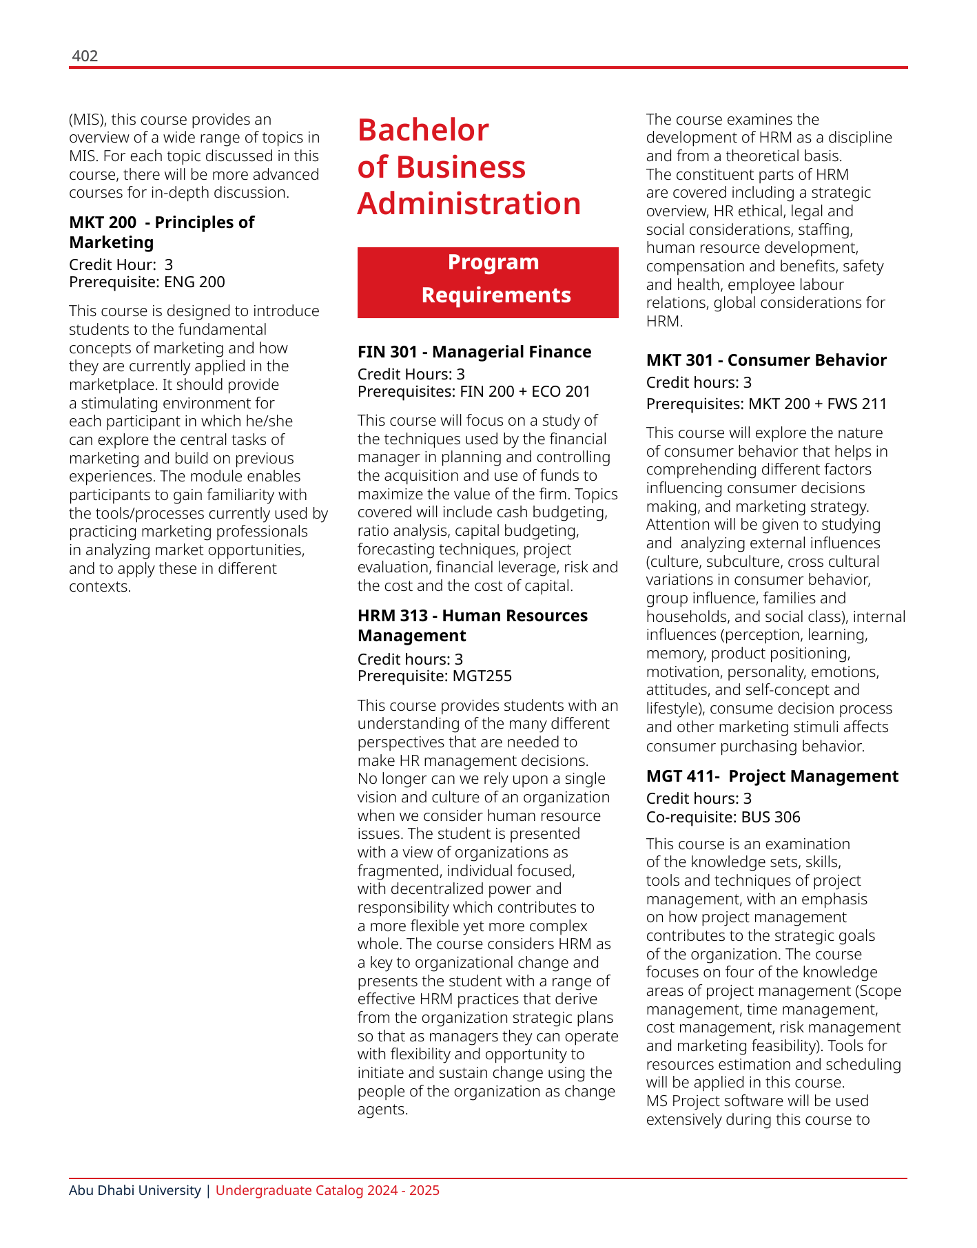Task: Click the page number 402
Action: point(85,56)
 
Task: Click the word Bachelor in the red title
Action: point(423,130)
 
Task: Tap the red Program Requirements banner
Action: point(488,282)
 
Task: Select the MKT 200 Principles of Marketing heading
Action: point(161,232)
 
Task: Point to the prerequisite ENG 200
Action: point(194,282)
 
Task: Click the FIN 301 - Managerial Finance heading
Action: point(474,352)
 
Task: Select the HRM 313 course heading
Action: point(472,625)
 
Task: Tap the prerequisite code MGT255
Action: point(482,676)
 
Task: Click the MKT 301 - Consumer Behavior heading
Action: point(766,360)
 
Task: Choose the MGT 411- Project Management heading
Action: point(772,776)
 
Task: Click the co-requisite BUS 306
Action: point(770,818)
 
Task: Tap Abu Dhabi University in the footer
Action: point(135,1191)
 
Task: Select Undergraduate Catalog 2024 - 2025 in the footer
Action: point(327,1191)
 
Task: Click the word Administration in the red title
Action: point(469,204)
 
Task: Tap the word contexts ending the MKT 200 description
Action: point(99,587)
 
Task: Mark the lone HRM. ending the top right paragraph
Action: point(664,322)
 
